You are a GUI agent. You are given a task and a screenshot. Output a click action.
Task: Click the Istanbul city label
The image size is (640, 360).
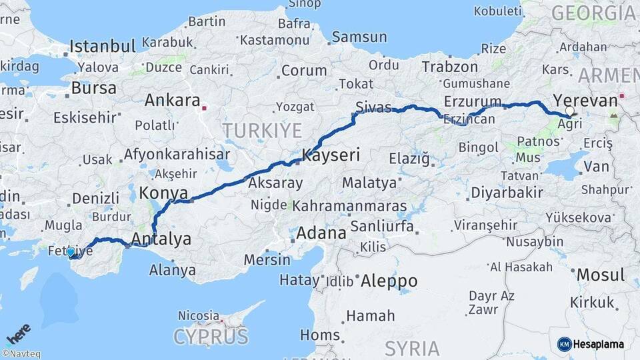point(103,46)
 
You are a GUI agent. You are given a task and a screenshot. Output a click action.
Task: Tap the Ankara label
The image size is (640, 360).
point(173,101)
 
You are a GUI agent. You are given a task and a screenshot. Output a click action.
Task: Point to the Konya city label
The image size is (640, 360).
point(163,193)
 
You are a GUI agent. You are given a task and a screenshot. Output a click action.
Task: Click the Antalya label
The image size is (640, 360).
point(161,239)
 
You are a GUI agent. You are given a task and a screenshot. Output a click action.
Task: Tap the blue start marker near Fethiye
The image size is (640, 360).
point(71,252)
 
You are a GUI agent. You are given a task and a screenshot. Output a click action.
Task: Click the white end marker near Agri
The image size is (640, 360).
point(569,111)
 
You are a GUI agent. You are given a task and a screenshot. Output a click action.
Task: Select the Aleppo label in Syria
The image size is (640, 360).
point(389,281)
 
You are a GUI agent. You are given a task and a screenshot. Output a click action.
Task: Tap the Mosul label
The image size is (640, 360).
point(600,275)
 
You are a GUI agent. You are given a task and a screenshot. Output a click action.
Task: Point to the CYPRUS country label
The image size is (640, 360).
point(211,337)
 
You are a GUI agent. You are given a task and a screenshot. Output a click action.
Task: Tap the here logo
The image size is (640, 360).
point(19,334)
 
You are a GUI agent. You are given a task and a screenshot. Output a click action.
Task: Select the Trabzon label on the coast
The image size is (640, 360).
point(450,67)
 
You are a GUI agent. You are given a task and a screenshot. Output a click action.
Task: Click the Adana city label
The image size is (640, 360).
point(321,233)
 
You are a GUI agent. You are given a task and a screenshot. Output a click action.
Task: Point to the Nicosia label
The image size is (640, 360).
point(199,315)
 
